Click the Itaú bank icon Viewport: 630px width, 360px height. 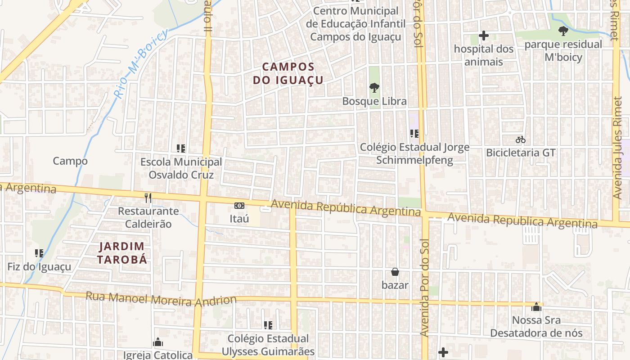239,206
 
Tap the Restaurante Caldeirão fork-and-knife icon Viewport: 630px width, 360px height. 148,198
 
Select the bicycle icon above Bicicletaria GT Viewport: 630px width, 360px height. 521,139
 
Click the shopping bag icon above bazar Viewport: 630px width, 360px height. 395,272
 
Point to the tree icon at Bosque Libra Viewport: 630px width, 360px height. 374,88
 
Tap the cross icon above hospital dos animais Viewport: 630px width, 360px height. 484,36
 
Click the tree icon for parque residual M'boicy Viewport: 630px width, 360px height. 563,31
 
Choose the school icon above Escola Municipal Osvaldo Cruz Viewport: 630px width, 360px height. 181,148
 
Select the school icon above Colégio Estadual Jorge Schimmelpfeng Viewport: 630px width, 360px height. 414,134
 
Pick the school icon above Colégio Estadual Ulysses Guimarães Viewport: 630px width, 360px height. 268,325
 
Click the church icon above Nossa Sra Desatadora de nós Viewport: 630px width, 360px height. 536,307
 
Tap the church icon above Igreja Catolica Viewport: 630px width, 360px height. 157,342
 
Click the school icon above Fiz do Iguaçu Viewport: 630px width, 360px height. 39,253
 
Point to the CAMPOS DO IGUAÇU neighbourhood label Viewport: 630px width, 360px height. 288,73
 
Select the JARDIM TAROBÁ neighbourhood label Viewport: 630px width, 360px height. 122,252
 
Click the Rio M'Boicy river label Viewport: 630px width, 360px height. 141,63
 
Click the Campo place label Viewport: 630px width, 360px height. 70,161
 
